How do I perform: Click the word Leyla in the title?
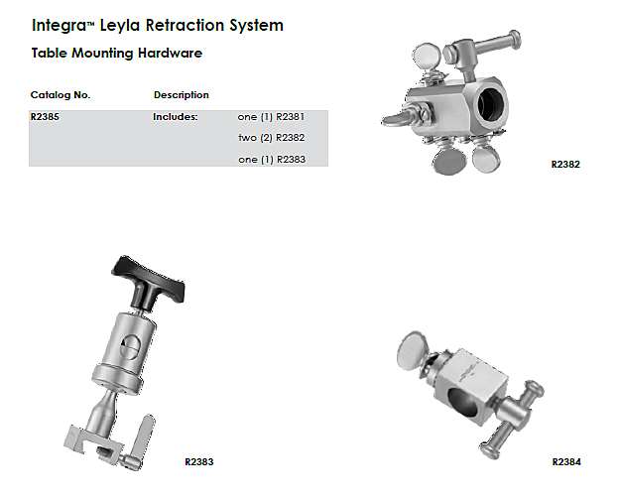coord(120,26)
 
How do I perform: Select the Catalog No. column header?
coord(61,95)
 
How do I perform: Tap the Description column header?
coord(182,95)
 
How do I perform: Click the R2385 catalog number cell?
coord(45,117)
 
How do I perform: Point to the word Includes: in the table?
coord(176,117)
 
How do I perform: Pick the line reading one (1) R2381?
coord(271,117)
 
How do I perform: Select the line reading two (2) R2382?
coord(272,138)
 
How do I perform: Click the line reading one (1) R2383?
coord(272,160)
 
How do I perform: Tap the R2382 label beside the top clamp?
coord(565,164)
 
